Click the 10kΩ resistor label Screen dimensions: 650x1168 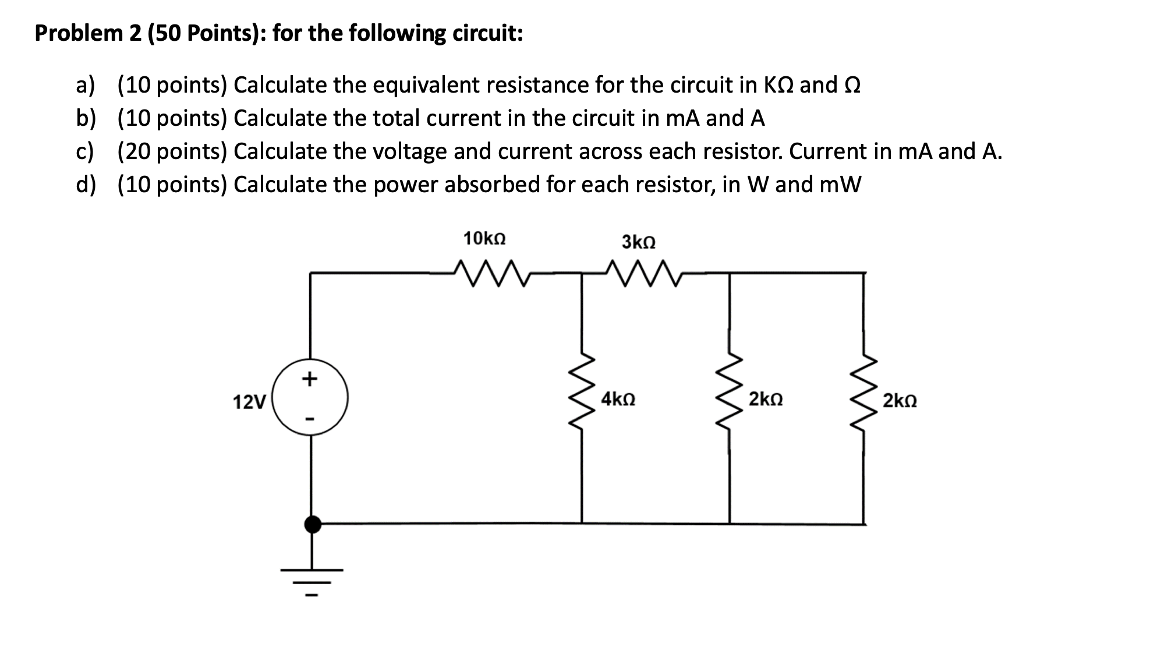[484, 239]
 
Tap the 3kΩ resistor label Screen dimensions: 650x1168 [638, 242]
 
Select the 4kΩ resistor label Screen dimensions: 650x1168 [618, 400]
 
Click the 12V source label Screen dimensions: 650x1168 [249, 402]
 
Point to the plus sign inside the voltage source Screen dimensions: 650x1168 [309, 379]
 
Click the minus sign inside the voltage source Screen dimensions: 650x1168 [310, 418]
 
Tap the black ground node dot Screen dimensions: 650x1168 [313, 524]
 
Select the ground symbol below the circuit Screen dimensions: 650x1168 [312, 580]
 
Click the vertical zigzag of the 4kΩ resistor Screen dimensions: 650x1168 [582, 397]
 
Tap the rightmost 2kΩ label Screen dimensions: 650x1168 [900, 401]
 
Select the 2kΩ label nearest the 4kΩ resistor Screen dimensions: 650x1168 [766, 400]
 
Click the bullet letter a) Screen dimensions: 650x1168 [85, 86]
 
